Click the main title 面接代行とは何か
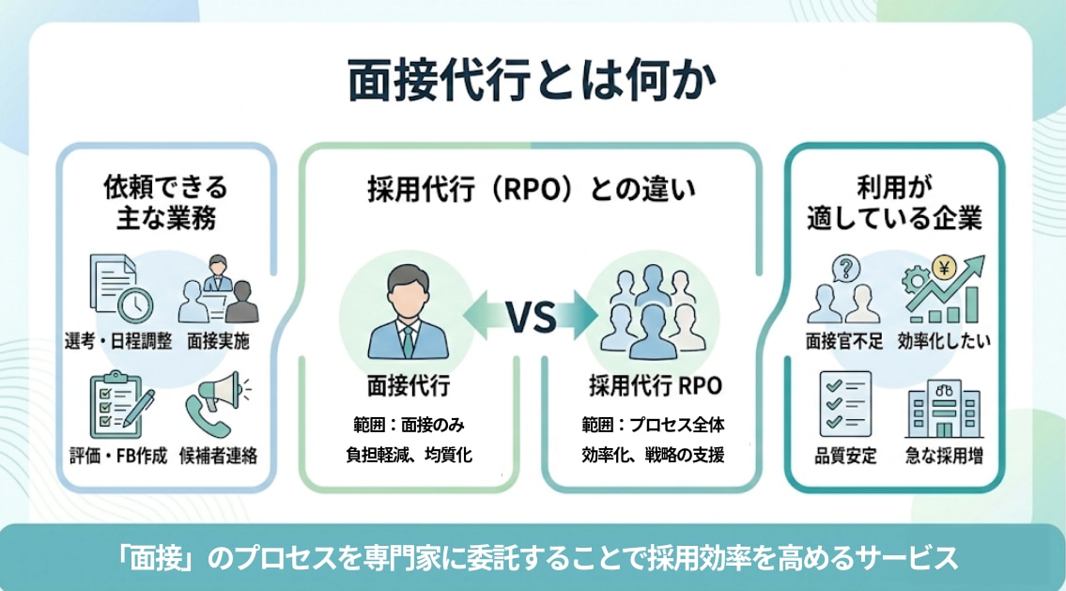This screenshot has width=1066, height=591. (x=532, y=82)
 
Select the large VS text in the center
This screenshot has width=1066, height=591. (x=532, y=319)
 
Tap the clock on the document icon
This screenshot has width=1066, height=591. (x=138, y=303)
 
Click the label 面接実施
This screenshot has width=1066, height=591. (x=219, y=340)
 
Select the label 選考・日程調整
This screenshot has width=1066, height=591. (x=118, y=340)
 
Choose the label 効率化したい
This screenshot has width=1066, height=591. (x=943, y=340)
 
